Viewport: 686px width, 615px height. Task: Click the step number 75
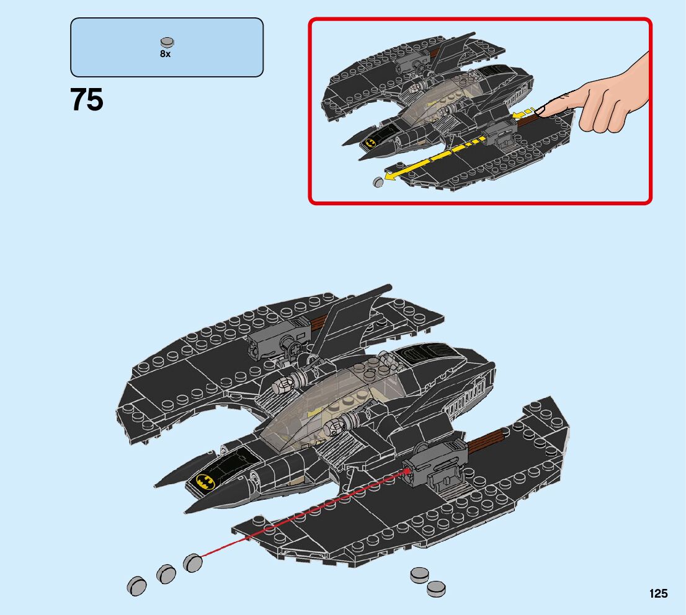(87, 100)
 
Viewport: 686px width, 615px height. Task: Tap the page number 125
(658, 594)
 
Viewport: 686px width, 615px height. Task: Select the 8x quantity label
(165, 54)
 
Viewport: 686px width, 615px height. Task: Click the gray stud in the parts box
(167, 43)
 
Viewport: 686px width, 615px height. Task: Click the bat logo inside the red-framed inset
(370, 141)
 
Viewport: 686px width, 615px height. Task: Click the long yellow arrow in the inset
(434, 159)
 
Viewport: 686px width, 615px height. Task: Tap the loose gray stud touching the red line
(194, 563)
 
